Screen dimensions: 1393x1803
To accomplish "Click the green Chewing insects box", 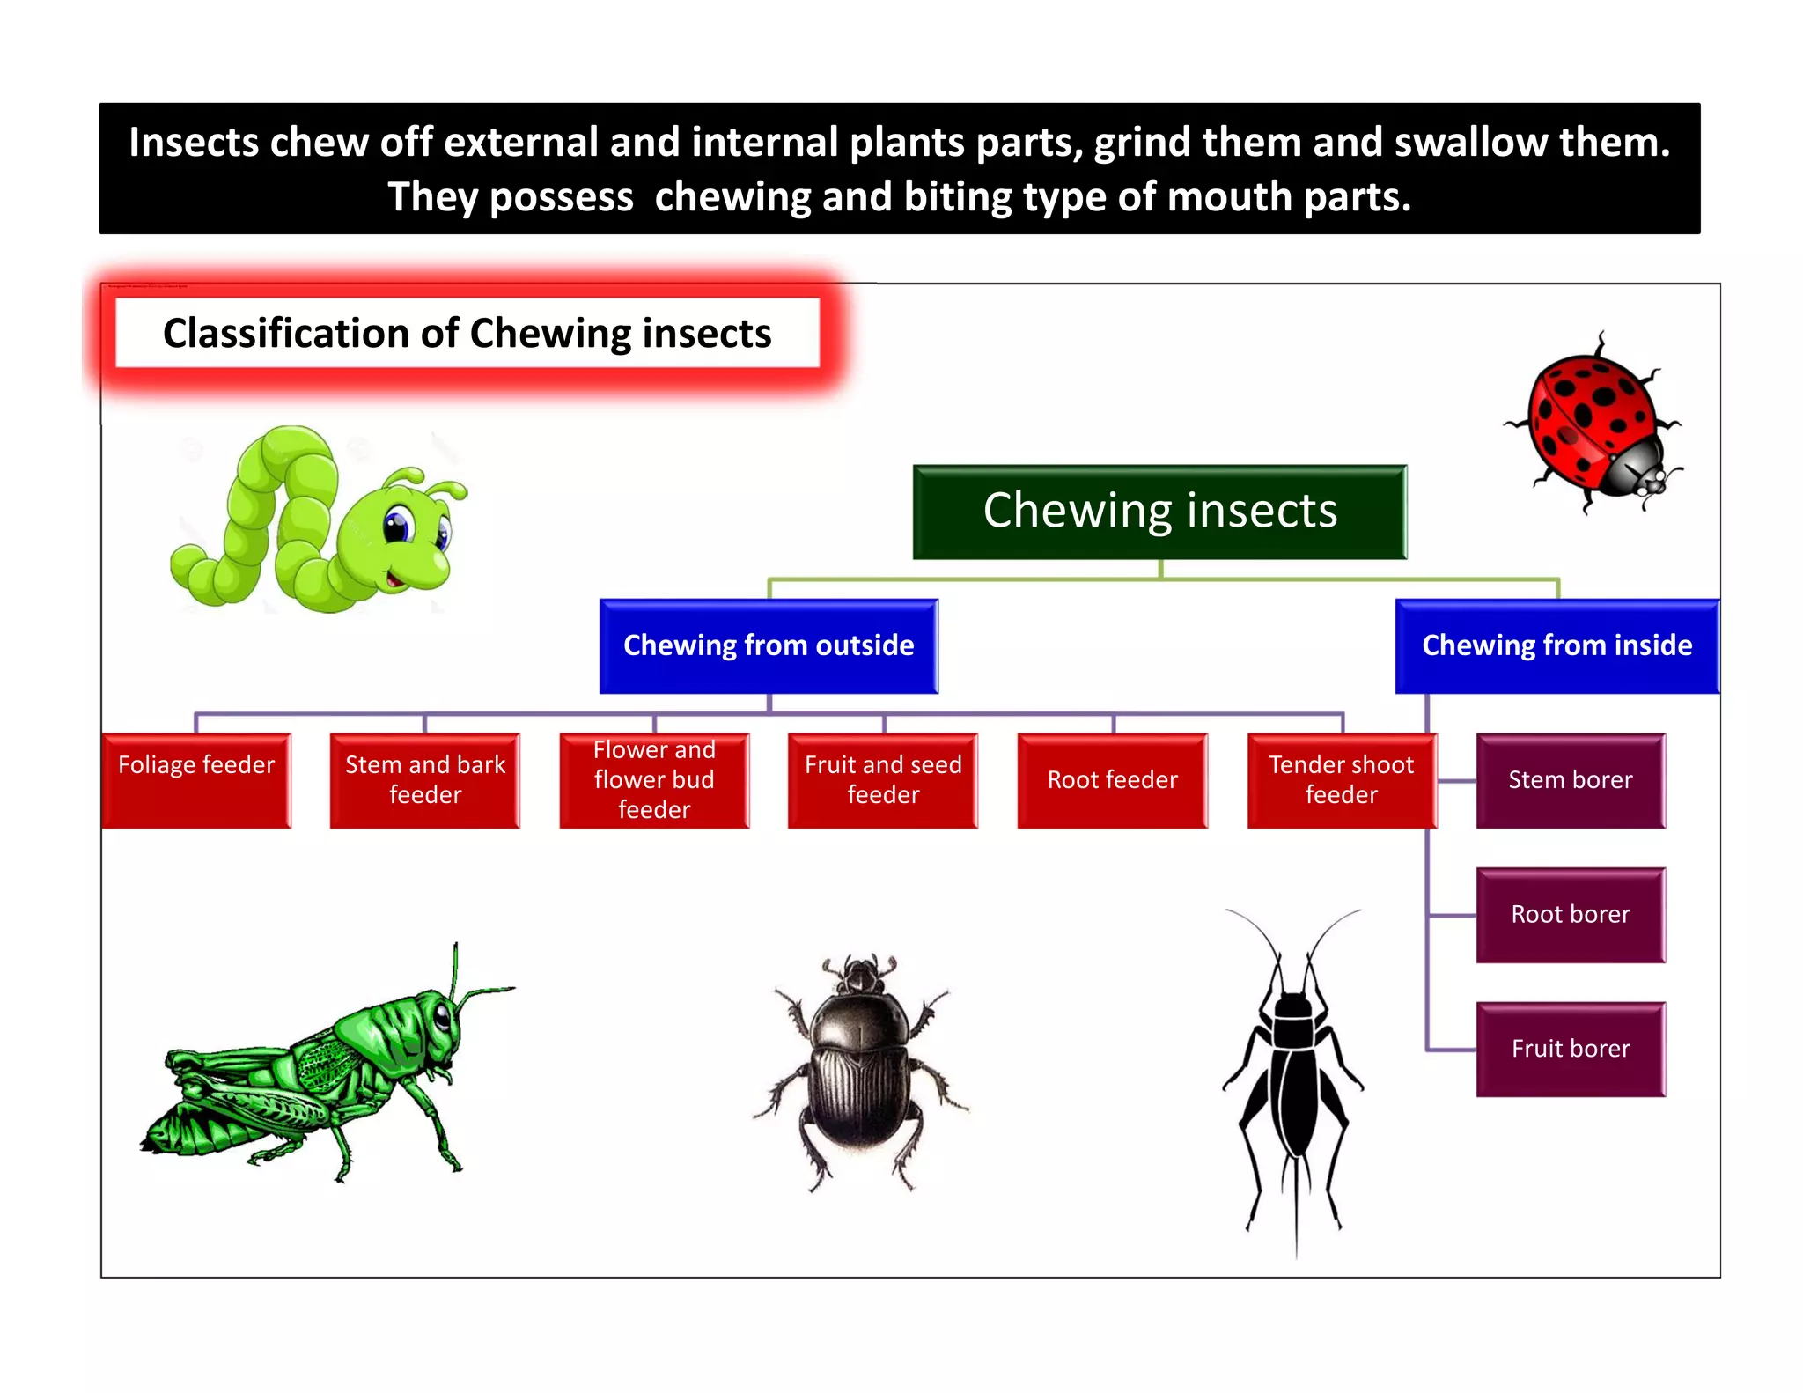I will point(1159,512).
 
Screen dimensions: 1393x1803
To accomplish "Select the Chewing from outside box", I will point(769,645).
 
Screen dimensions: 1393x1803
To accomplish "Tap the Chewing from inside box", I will point(1556,645).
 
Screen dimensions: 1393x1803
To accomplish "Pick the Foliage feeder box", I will point(196,780).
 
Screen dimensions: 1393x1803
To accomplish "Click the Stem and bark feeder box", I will point(425,780).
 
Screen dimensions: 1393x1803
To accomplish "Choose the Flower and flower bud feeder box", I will point(654,780).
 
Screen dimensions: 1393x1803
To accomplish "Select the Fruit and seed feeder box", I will point(883,780).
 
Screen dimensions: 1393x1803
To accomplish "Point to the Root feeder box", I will point(1113,780).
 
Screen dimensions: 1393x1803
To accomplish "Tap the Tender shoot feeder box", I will point(1342,780).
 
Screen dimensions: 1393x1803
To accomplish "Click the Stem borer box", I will point(1571,780).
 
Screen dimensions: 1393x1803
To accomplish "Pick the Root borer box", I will point(1571,915).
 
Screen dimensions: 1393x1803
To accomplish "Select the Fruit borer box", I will point(1571,1049).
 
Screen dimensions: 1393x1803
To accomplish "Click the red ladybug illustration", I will point(1593,423).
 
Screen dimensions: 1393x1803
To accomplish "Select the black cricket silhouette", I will point(1292,1074).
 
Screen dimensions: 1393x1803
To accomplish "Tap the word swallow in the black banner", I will point(1470,143).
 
